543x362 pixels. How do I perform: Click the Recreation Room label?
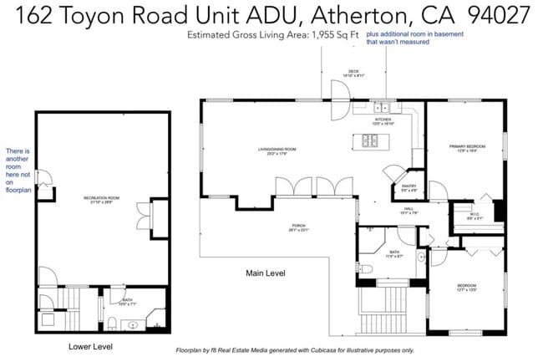tap(102, 198)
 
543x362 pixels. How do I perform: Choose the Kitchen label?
tap(383, 120)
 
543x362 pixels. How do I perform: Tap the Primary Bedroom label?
tap(466, 147)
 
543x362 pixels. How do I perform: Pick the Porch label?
tap(298, 226)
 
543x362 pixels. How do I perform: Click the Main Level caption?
tap(266, 273)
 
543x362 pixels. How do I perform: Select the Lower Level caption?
tap(90, 346)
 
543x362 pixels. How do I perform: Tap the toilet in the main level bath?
tap(368, 269)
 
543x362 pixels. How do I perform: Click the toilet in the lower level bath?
tap(111, 323)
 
